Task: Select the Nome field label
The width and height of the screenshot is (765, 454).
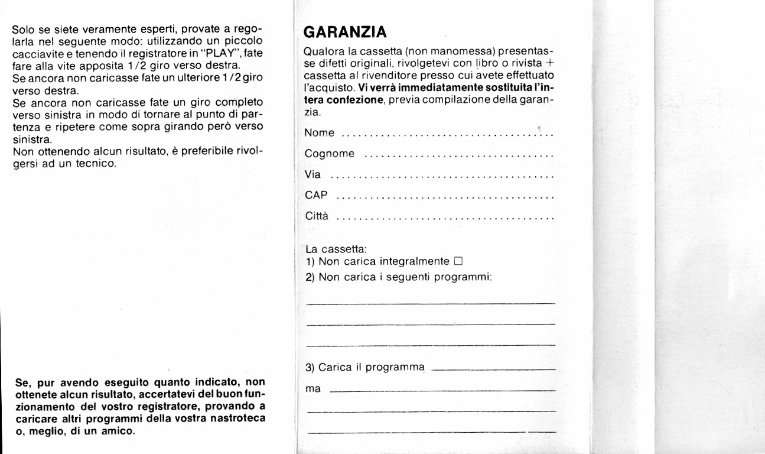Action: (320, 133)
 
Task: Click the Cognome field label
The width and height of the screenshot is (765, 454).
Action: (330, 154)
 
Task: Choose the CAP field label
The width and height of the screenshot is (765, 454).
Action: (316, 196)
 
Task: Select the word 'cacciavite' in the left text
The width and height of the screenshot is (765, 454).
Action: (34, 52)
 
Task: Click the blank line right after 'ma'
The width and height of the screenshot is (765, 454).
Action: (442, 391)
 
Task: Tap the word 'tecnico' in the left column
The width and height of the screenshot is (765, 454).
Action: (95, 163)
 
